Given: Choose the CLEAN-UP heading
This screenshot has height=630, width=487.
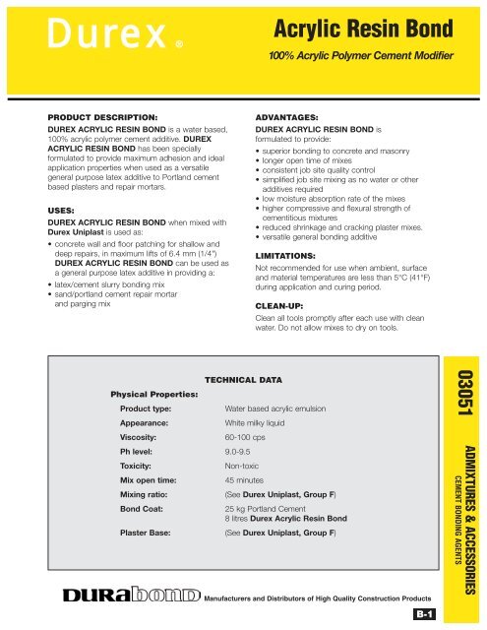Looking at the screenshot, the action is click(x=285, y=305).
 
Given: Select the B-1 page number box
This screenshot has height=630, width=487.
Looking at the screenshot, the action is click(x=425, y=615).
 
